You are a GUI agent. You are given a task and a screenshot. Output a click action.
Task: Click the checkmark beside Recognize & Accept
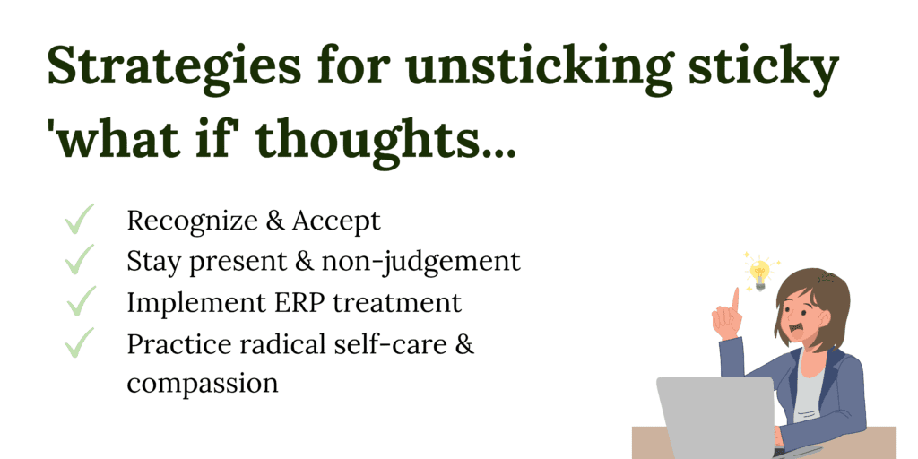[x=79, y=220]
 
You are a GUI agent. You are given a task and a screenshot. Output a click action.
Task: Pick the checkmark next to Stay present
[x=79, y=260]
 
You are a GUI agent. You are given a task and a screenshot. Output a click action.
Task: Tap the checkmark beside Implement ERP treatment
[x=81, y=301]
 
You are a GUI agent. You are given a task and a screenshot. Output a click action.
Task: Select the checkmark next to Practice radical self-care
[x=79, y=343]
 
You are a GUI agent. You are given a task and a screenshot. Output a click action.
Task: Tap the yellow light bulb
[x=760, y=274]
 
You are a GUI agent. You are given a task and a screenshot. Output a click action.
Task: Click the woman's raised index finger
[x=735, y=299]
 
